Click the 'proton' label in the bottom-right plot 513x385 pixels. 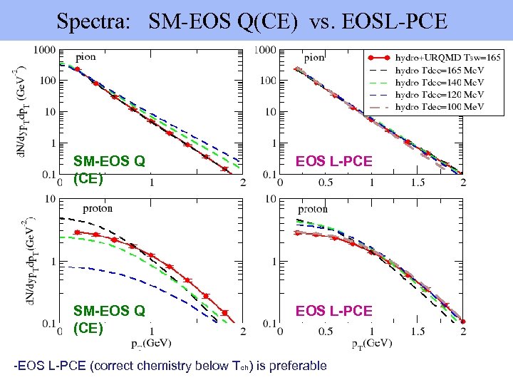[x=313, y=209]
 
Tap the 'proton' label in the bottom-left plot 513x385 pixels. [x=98, y=209]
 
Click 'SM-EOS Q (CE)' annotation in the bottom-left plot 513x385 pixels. [x=109, y=319]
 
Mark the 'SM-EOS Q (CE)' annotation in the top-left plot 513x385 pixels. [x=109, y=170]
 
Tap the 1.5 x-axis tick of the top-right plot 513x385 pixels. [x=416, y=182]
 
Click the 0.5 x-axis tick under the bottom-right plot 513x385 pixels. [x=324, y=332]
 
